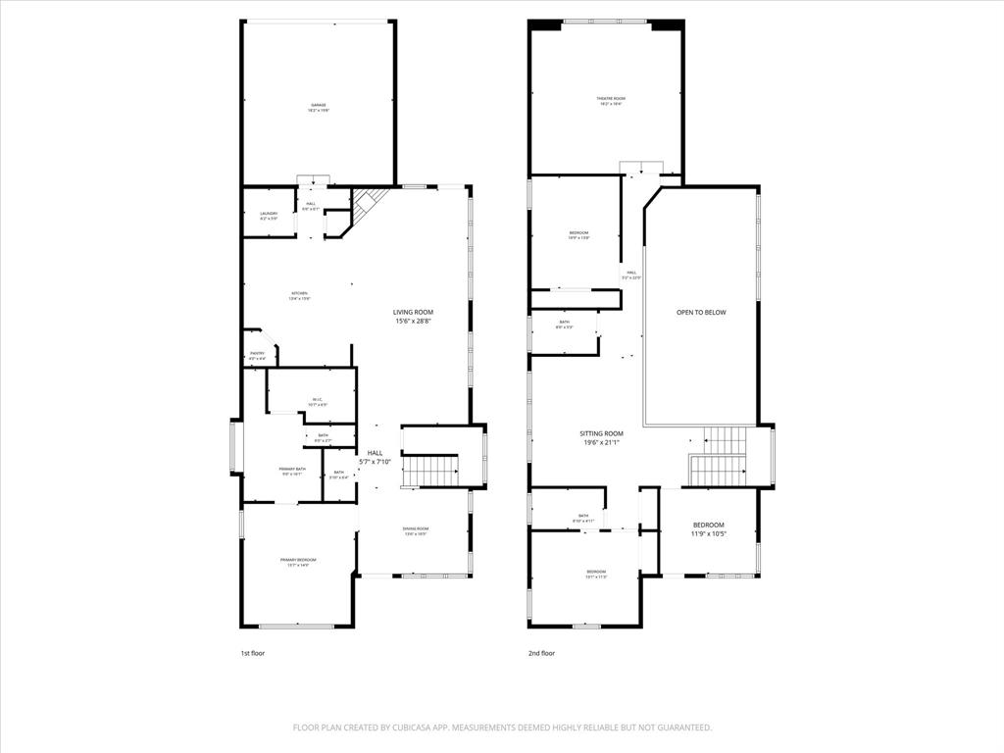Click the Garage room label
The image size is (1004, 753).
[x=319, y=105]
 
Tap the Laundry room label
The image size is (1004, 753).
[x=269, y=213]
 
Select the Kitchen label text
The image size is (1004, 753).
[x=299, y=293]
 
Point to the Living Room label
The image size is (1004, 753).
[x=414, y=312]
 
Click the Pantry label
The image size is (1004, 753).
[x=257, y=353]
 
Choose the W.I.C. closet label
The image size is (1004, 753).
[x=318, y=399]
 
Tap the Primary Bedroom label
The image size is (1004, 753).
[x=298, y=560]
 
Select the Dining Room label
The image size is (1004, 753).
[x=416, y=529]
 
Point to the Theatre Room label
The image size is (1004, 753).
[x=612, y=98]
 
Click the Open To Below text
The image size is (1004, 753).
[x=701, y=313]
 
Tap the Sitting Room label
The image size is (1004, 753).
[x=600, y=433]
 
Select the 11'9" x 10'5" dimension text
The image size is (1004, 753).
[x=708, y=534]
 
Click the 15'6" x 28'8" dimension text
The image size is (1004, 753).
[x=414, y=321]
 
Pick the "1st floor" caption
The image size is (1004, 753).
[x=252, y=653]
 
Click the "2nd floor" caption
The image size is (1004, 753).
[x=541, y=653]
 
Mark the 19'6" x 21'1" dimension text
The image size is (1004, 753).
[x=600, y=442]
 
